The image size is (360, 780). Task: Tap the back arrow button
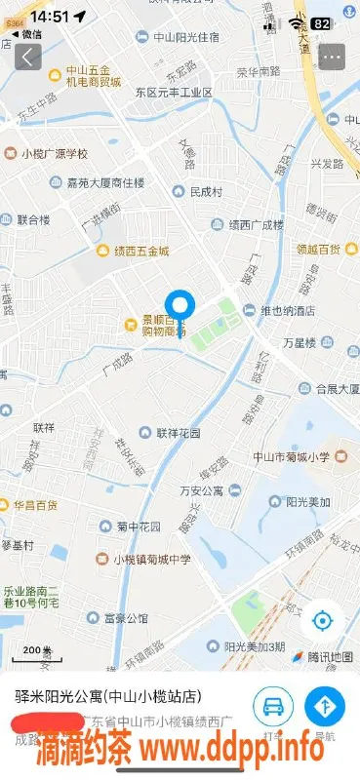click(28, 57)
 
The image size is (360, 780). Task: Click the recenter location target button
click(323, 620)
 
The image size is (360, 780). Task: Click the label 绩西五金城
click(140, 251)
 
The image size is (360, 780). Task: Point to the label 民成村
click(207, 190)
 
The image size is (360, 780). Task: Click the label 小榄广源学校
click(55, 154)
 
